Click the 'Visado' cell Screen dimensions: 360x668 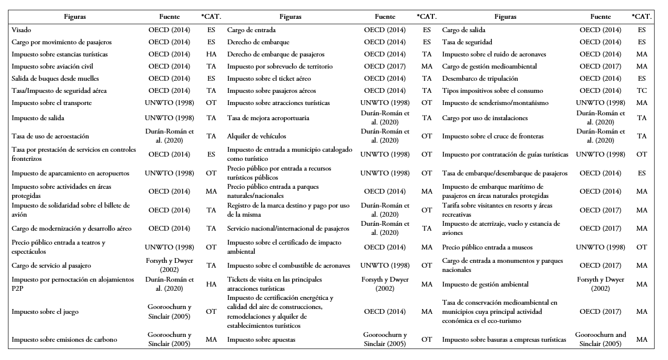[21, 30]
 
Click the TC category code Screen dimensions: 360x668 [642, 90]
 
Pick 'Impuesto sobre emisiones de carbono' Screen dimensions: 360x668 [64, 339]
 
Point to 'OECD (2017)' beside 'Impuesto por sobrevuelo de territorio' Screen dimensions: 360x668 [385, 66]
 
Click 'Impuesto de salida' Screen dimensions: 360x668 [38, 118]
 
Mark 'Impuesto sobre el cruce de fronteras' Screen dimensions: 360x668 [492, 136]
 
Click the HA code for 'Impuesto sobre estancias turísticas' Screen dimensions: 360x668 [211, 54]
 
